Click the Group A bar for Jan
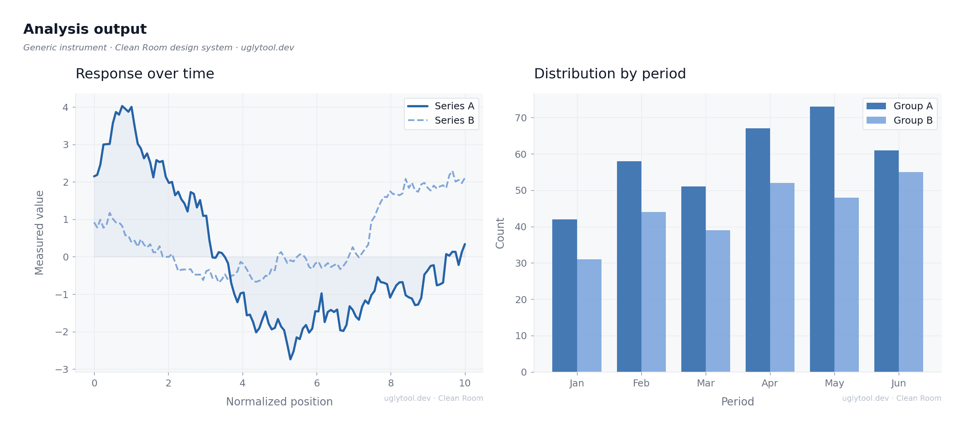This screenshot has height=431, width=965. (x=564, y=295)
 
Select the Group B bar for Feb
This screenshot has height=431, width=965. (x=653, y=292)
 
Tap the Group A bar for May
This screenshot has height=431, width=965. (x=822, y=239)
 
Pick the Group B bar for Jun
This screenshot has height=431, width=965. (x=911, y=272)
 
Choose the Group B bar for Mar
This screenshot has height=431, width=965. (x=718, y=301)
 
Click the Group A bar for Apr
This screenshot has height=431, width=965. (x=758, y=250)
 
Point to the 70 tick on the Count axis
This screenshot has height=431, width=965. (x=521, y=118)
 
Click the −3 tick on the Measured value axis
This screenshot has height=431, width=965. (x=62, y=369)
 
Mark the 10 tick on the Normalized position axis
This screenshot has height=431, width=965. (x=465, y=383)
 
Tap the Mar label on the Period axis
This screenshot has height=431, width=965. (x=706, y=383)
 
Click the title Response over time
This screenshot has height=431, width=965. (x=145, y=74)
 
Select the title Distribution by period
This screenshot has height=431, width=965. (x=610, y=74)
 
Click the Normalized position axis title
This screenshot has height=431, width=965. (x=279, y=402)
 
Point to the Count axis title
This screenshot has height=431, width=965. (x=500, y=233)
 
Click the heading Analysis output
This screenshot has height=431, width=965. (x=85, y=29)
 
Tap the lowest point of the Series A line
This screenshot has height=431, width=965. (x=290, y=359)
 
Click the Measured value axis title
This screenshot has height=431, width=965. (x=40, y=233)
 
